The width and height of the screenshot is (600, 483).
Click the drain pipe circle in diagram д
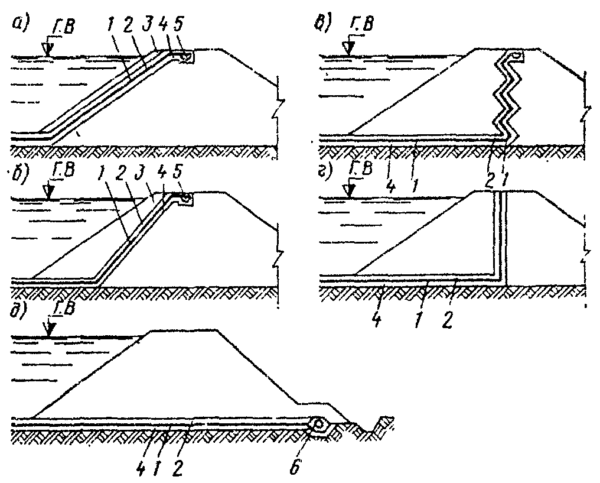(x=319, y=424)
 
